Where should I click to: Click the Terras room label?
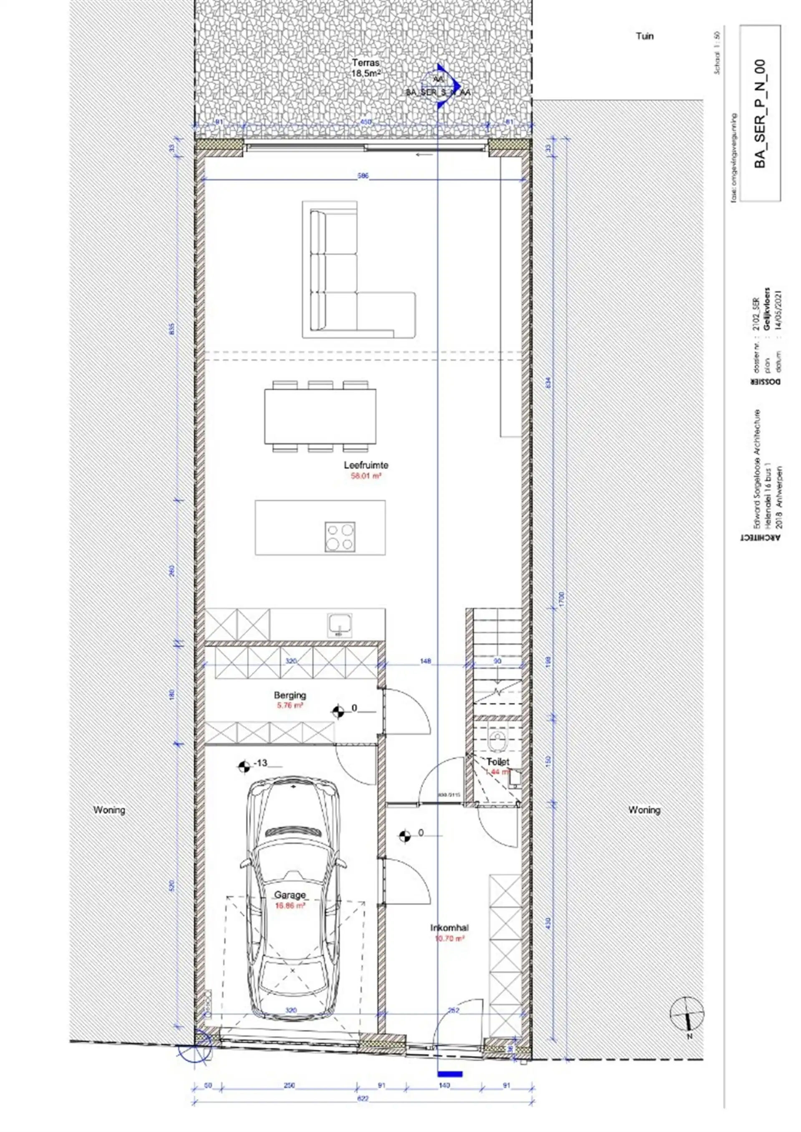(x=365, y=63)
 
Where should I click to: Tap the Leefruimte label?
(x=365, y=465)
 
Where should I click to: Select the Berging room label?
(x=290, y=695)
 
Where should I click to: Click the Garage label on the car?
(x=290, y=895)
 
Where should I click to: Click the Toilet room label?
(x=498, y=762)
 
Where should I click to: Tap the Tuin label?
(x=644, y=36)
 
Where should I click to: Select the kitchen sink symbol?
(x=340, y=623)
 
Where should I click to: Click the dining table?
(x=320, y=417)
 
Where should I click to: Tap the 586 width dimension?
(x=363, y=176)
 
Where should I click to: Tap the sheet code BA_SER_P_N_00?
(x=760, y=114)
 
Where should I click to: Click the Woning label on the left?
(x=109, y=810)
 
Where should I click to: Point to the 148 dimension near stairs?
(x=425, y=661)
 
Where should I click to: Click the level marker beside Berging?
(x=338, y=712)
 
